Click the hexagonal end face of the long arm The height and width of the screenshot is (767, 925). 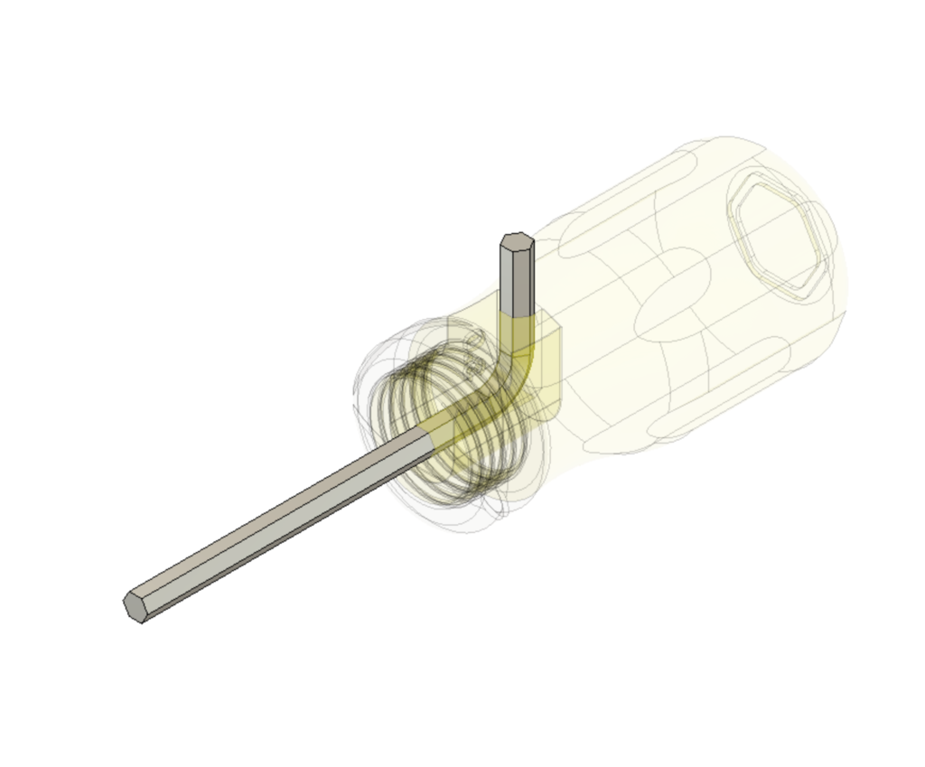point(135,606)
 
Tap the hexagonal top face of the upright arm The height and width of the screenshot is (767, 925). point(517,241)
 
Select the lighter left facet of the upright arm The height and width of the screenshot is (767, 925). point(509,280)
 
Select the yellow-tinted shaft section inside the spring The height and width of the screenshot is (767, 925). point(461,416)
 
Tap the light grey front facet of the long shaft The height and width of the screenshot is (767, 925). point(280,533)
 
